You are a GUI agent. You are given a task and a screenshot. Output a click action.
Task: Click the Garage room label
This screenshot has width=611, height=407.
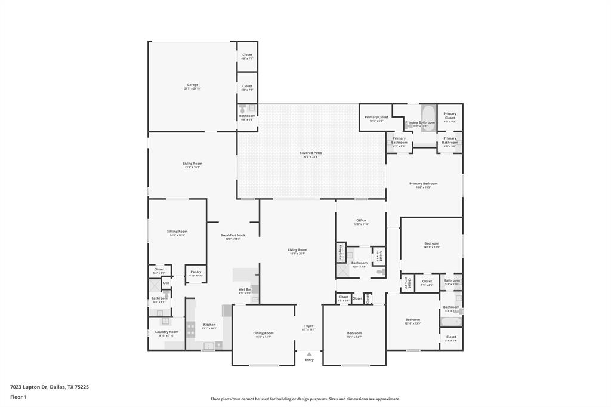pyautogui.click(x=192, y=85)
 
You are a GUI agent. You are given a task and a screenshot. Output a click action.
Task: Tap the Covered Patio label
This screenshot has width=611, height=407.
pyautogui.click(x=310, y=153)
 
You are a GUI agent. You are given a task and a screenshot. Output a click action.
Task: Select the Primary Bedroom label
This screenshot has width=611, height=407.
pyautogui.click(x=423, y=183)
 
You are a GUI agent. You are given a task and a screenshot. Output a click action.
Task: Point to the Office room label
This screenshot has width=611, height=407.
pyautogui.click(x=361, y=220)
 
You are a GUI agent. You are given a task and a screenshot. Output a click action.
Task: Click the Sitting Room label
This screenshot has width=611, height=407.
pyautogui.click(x=177, y=231)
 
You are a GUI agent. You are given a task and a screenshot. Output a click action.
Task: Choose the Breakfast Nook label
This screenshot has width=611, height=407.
pyautogui.click(x=233, y=235)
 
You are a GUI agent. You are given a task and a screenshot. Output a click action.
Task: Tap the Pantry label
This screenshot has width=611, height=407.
pyautogui.click(x=196, y=272)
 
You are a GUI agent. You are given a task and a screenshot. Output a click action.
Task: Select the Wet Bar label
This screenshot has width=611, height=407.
pyautogui.click(x=245, y=289)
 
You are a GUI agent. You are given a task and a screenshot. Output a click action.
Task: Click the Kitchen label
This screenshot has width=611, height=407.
pyautogui.click(x=209, y=325)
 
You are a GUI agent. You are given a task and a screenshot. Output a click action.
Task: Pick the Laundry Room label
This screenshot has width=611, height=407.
pyautogui.click(x=166, y=332)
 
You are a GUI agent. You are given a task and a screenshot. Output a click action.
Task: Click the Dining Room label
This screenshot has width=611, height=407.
pyautogui.click(x=264, y=333)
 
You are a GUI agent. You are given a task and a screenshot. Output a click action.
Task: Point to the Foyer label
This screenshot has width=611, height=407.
pyautogui.click(x=308, y=326)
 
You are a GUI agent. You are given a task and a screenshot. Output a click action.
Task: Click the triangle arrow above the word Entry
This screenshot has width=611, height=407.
pyautogui.click(x=309, y=354)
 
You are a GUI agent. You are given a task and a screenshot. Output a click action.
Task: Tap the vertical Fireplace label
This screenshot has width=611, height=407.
pyautogui.click(x=340, y=252)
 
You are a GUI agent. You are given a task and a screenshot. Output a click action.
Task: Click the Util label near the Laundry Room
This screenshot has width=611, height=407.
pyautogui.click(x=166, y=283)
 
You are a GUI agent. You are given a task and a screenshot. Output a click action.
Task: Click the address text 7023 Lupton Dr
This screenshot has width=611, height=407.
pyautogui.click(x=30, y=387)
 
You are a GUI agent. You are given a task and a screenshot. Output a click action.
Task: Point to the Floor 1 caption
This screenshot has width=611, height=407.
pyautogui.click(x=19, y=397)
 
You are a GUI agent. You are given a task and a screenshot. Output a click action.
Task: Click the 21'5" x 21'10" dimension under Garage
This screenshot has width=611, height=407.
pyautogui.click(x=192, y=89)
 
